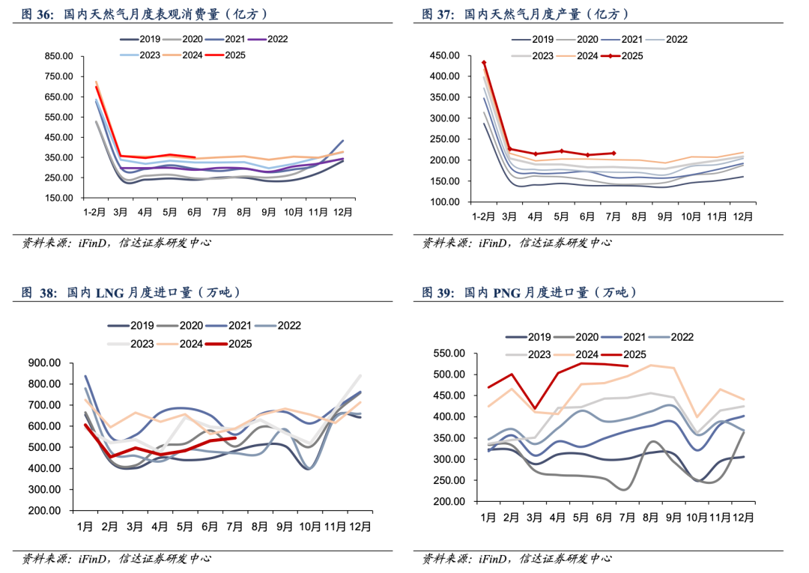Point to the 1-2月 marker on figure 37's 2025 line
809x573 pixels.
tap(484, 63)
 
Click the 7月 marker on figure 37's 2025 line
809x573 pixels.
tap(613, 153)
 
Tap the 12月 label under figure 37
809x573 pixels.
tap(742, 216)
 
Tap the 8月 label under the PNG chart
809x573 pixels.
tap(650, 518)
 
